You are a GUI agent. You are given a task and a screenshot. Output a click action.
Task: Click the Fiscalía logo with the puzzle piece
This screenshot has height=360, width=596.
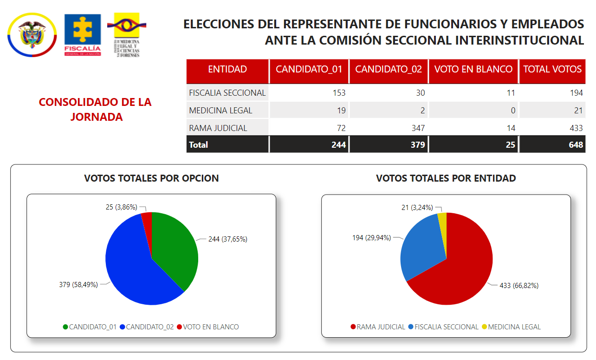82,35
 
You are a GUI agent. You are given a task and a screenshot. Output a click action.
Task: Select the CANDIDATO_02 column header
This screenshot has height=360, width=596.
389,70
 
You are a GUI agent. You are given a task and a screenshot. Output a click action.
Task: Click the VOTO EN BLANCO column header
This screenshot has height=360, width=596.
473,70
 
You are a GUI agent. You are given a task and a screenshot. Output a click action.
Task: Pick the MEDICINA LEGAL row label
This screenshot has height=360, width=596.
220,111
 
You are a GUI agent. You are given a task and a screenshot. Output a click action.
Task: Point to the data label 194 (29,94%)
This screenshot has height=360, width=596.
371,238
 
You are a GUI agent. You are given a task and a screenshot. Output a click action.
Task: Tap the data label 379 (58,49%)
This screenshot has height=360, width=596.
78,285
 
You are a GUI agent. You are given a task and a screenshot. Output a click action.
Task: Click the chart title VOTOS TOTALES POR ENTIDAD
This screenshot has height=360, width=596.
446,178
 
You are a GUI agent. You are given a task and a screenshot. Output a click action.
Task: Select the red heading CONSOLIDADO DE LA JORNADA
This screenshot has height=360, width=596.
95,109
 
